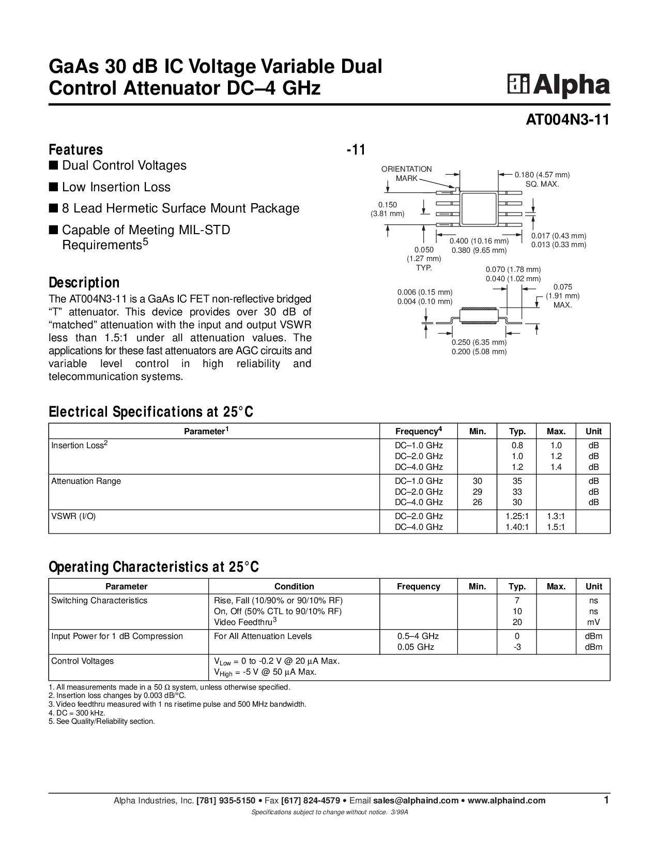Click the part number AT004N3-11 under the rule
coord(568,120)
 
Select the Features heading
coord(76,149)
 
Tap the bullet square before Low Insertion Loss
coord(53,187)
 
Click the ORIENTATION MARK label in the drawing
coord(407,174)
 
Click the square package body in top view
coord(479,209)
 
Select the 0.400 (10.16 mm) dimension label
coord(479,240)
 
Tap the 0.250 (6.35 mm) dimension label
coord(479,342)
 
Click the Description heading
coord(84,283)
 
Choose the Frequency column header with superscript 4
coord(418,431)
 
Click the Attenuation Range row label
coord(86,481)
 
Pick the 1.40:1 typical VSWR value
coord(517,527)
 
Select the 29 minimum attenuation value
coord(477,492)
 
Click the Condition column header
coord(294,586)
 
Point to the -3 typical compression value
coord(517,647)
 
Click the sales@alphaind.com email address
coord(416,800)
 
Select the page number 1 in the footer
coord(606,800)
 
